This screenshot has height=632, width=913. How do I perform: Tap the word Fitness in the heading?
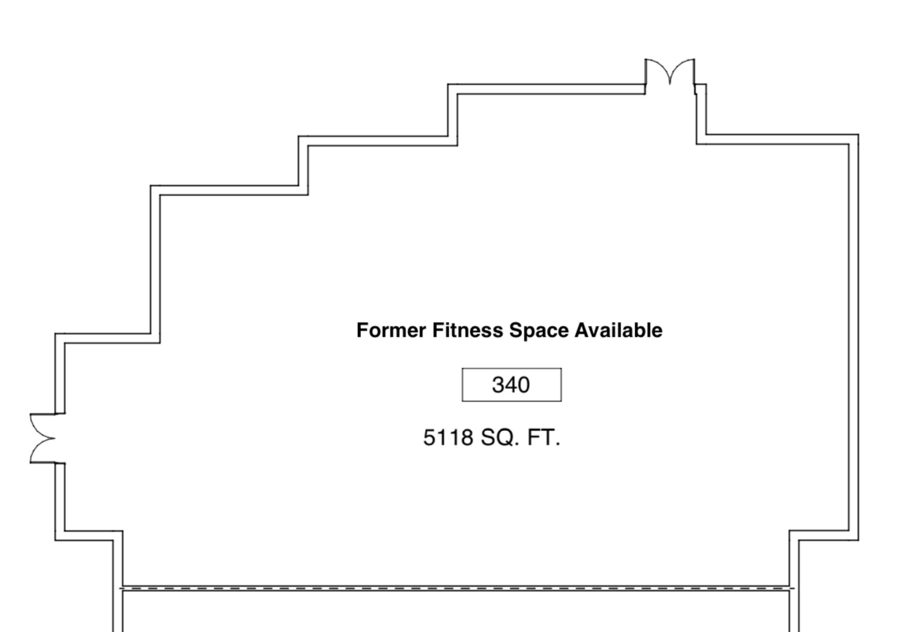pyautogui.click(x=468, y=330)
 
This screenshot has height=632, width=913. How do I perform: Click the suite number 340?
pyautogui.click(x=511, y=385)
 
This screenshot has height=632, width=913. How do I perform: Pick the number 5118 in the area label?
pyautogui.click(x=448, y=438)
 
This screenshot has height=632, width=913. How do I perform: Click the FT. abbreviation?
pyautogui.click(x=544, y=438)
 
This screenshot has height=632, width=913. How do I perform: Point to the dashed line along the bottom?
pyautogui.click(x=457, y=589)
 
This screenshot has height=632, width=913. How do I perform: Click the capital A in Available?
pyautogui.click(x=582, y=330)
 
